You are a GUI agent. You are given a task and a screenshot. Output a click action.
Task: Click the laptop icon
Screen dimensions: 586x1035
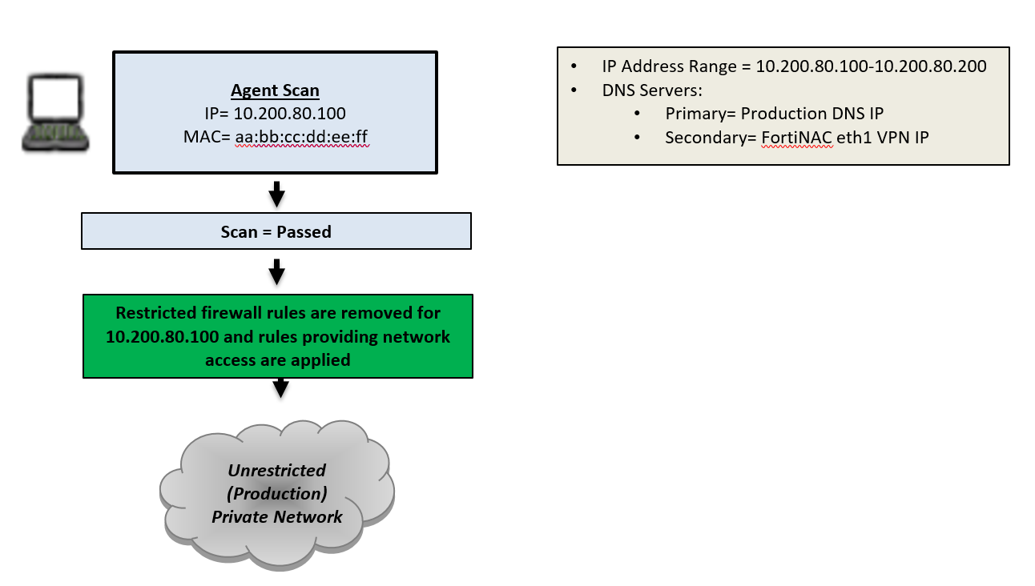54,112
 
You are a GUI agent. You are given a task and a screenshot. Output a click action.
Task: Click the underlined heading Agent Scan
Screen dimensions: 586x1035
275,90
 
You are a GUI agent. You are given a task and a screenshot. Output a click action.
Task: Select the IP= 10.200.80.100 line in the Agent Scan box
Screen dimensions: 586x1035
275,114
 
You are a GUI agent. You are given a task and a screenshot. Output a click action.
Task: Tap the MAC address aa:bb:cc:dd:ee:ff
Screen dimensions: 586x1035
301,138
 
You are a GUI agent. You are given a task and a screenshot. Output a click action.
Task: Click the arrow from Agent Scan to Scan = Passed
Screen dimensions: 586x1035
276,193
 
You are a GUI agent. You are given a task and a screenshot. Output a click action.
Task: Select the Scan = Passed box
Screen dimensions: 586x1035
276,232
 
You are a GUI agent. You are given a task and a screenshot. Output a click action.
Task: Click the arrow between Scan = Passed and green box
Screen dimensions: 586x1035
276,271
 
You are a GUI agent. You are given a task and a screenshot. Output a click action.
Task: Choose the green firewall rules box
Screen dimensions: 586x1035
277,336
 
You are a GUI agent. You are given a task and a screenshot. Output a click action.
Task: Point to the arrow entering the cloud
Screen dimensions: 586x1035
280,388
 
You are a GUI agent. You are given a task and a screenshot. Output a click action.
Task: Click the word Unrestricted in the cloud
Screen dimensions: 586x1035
276,470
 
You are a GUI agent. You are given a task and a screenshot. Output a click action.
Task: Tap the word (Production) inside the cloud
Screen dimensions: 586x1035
276,492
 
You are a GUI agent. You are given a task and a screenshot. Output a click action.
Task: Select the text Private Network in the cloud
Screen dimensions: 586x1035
276,516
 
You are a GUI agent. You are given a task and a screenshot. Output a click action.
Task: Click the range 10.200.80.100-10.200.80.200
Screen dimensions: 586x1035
871,66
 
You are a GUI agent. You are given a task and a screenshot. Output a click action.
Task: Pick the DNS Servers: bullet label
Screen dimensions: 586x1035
651,90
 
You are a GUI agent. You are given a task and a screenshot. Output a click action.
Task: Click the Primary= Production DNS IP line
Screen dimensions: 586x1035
774,114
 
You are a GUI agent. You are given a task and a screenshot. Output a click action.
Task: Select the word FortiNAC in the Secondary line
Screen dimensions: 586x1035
797,138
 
